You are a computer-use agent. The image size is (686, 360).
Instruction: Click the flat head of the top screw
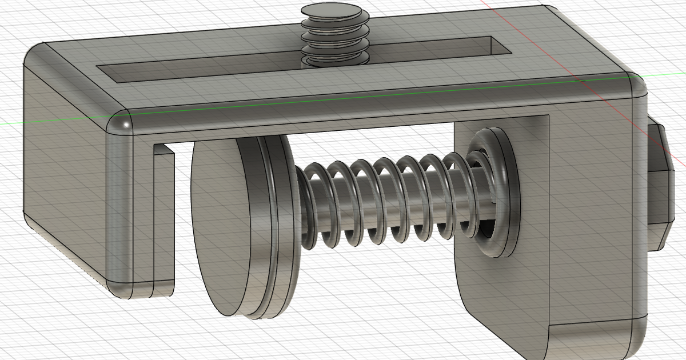click(332, 11)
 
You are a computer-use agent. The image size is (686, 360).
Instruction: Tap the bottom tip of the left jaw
click(143, 289)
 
